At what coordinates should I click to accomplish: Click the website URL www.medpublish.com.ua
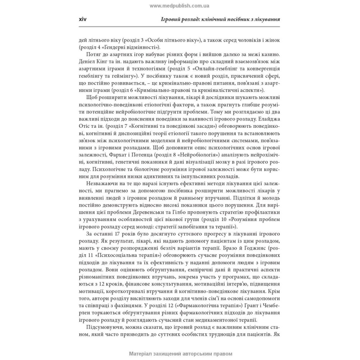pyautogui.click(x=179, y=6)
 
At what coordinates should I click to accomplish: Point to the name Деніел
pyautogui.click(x=88, y=62)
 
